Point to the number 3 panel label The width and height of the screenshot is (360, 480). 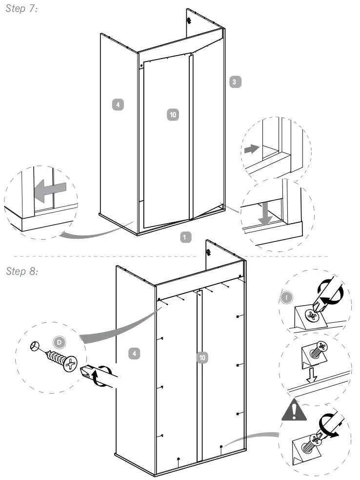tap(234, 82)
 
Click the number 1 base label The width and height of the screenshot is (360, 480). tap(185, 237)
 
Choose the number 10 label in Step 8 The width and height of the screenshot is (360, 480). tap(203, 358)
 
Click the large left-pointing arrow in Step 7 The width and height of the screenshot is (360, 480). tap(51, 188)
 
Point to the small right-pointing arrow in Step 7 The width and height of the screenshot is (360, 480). tap(250, 149)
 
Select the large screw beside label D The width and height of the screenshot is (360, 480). tap(61, 360)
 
